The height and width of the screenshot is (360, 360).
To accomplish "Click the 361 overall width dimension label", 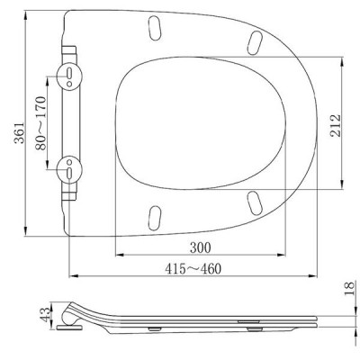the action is coord(20,132).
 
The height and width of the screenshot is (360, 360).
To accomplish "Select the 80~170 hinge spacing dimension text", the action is coord(40,122).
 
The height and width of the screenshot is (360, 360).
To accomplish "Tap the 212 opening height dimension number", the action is coord(336,125).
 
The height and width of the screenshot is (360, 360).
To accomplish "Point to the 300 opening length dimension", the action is coord(201,247).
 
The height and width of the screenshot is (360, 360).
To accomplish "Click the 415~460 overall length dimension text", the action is coord(193,268).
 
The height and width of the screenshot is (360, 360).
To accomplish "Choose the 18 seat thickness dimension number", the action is coord(349,289).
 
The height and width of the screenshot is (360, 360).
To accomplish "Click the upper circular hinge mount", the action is coord(69,76).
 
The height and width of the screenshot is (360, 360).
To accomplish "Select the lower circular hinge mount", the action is coord(69,169).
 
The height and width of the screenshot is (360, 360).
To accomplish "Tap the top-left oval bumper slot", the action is coord(155,27).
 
